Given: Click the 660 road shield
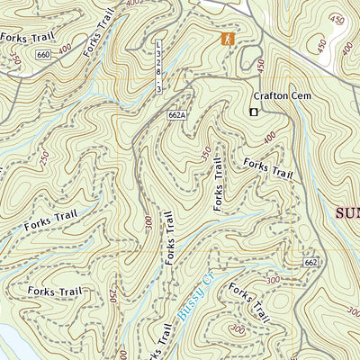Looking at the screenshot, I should pyautogui.click(x=43, y=55).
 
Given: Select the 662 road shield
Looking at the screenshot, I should pyautogui.click(x=310, y=262).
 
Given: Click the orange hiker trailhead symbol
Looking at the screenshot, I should pyautogui.click(x=227, y=39).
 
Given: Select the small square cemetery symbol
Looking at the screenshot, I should pyautogui.click(x=254, y=112).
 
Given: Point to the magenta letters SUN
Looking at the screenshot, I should pyautogui.click(x=347, y=213).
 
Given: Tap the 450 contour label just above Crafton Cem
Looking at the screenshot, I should pyautogui.click(x=262, y=67).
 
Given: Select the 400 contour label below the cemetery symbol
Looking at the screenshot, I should pyautogui.click(x=270, y=137).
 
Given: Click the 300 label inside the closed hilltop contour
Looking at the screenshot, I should pyautogui.click(x=237, y=330).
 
